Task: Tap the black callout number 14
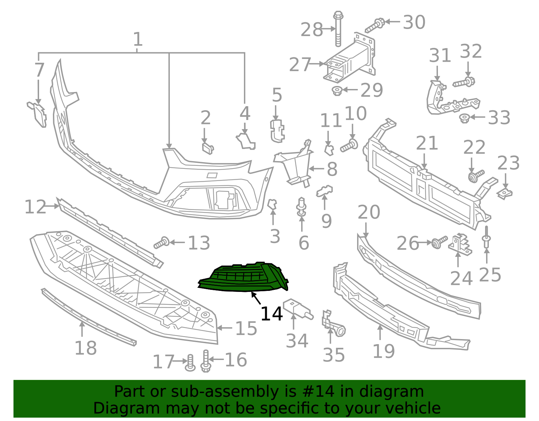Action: (x=272, y=314)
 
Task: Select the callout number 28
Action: (x=312, y=30)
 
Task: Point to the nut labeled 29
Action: (x=337, y=90)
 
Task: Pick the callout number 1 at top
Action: (x=138, y=40)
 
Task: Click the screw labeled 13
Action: (x=161, y=243)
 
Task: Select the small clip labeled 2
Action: (x=208, y=148)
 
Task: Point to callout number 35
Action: (x=334, y=355)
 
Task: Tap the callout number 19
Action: (x=383, y=352)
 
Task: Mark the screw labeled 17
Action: (x=190, y=363)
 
